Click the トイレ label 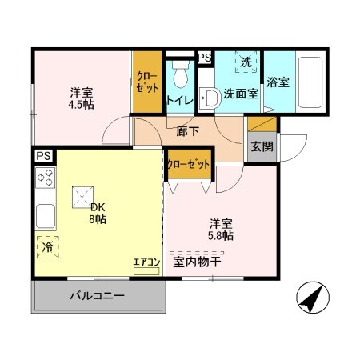pos(178,100)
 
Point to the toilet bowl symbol pos(178,74)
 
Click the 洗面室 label pos(240,94)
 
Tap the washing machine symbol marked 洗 pos(246,62)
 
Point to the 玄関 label pos(260,146)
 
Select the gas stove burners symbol pos(46,178)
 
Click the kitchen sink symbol pos(46,215)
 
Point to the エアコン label pos(146,262)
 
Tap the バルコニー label pos(97,296)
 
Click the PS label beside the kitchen pos(42,156)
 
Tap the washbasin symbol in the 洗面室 pos(210,98)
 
